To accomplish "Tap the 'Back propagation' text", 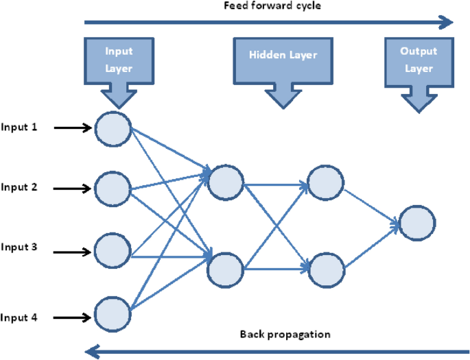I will pos(285,335).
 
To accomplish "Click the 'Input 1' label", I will pos(19,127).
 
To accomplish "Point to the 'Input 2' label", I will pos(19,187).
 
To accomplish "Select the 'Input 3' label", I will pos(19,247).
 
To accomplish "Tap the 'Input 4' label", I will pos(19,317).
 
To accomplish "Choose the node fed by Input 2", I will pos(113,189).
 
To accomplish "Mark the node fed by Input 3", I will pos(113,250).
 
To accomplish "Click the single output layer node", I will pos(417,223).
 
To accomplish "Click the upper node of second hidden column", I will pos(325,181).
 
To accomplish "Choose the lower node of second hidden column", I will pos(325,269).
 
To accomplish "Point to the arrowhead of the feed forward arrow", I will pos(446,23).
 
